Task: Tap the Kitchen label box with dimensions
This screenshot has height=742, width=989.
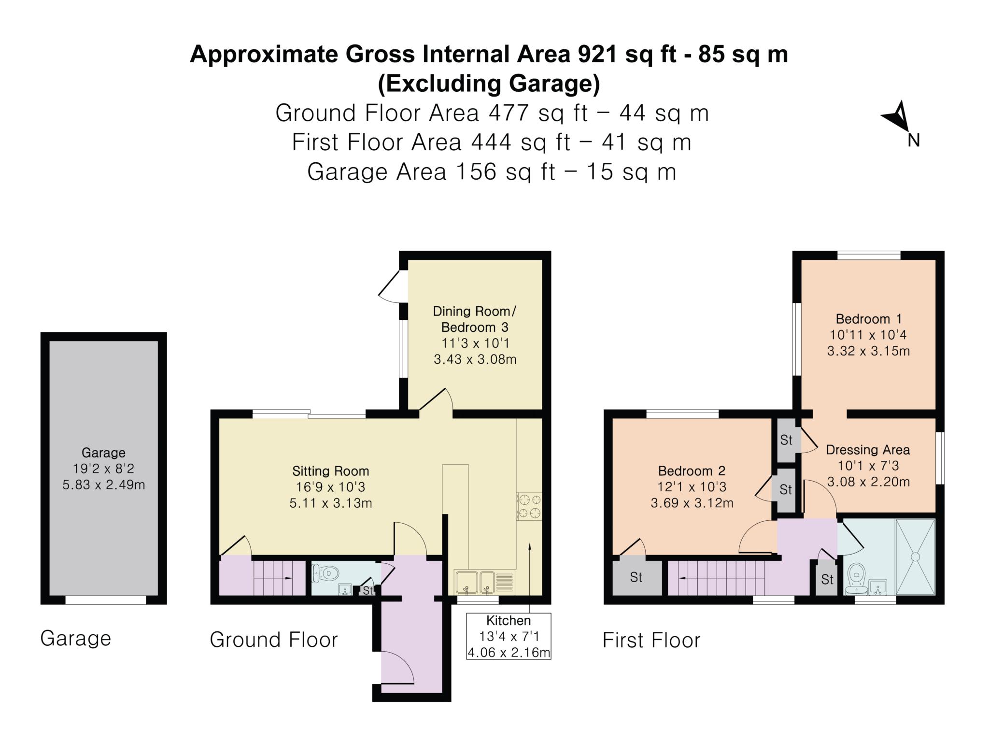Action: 509,636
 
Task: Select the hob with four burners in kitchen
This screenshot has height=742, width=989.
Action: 529,506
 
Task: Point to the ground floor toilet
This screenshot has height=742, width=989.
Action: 325,574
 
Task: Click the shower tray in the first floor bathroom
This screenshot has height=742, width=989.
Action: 915,557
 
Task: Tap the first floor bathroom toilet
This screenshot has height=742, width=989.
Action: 856,577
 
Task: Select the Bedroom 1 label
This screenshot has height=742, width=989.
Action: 868,319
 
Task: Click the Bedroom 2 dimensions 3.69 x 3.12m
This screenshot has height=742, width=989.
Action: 692,503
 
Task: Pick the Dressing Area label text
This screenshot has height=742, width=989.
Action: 868,450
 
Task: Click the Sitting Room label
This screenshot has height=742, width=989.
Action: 330,471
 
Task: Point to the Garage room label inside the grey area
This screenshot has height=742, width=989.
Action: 103,453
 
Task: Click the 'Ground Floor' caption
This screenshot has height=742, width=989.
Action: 274,640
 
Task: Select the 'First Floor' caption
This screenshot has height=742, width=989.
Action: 651,641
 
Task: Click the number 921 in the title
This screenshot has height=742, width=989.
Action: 597,54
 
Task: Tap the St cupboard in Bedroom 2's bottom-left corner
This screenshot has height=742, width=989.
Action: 637,578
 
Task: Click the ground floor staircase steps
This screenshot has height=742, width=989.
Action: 279,578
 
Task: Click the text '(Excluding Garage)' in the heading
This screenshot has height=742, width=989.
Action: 489,84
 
